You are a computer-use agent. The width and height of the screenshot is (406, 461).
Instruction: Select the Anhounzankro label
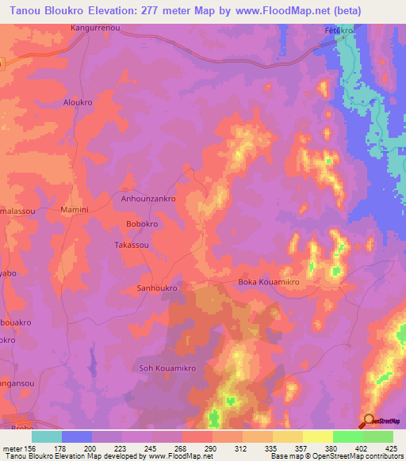click(147, 200)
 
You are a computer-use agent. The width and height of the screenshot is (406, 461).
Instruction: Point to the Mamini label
click(76, 210)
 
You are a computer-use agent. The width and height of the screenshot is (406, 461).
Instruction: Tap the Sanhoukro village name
click(157, 288)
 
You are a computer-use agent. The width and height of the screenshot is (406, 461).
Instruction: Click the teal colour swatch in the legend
click(48, 436)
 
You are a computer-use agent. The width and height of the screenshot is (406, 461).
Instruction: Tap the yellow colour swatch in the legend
click(318, 436)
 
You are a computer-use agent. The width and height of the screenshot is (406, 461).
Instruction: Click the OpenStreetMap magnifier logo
click(368, 421)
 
